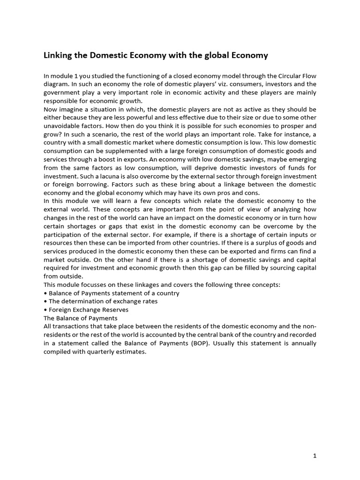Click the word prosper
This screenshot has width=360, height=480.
(293, 126)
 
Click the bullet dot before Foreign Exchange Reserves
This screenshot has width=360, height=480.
(45, 310)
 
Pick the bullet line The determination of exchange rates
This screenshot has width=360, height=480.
(103, 301)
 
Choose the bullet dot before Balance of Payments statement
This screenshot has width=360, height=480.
(45, 293)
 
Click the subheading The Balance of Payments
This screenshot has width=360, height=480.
(80, 318)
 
